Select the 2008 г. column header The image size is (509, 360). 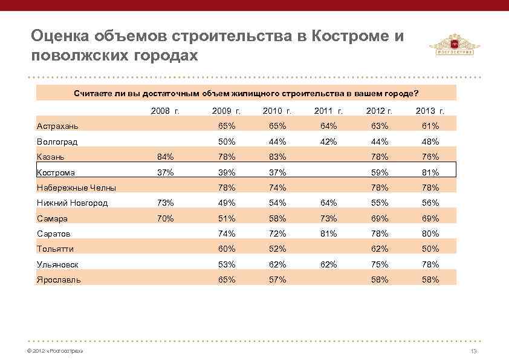pos(165,111)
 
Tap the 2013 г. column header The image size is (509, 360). pos(430,111)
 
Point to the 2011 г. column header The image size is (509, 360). pos(329,111)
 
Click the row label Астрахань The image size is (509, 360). pos(57,126)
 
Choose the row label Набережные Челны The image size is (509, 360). pos(76,188)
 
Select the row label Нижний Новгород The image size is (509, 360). pos(72,203)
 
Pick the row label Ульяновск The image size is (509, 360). pos(57,264)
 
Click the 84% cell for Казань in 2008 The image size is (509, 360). pos(165,157)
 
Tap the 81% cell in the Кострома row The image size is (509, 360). pos(430,172)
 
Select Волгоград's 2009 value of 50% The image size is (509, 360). pos(227,142)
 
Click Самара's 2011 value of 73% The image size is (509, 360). pos(329,218)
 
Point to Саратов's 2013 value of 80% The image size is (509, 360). pos(430,234)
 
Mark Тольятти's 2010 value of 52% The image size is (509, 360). pos(277,249)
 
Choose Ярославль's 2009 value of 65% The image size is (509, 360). pos(227,280)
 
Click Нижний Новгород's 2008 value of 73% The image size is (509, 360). pos(165,203)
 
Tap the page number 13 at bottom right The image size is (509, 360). pos(473,352)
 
